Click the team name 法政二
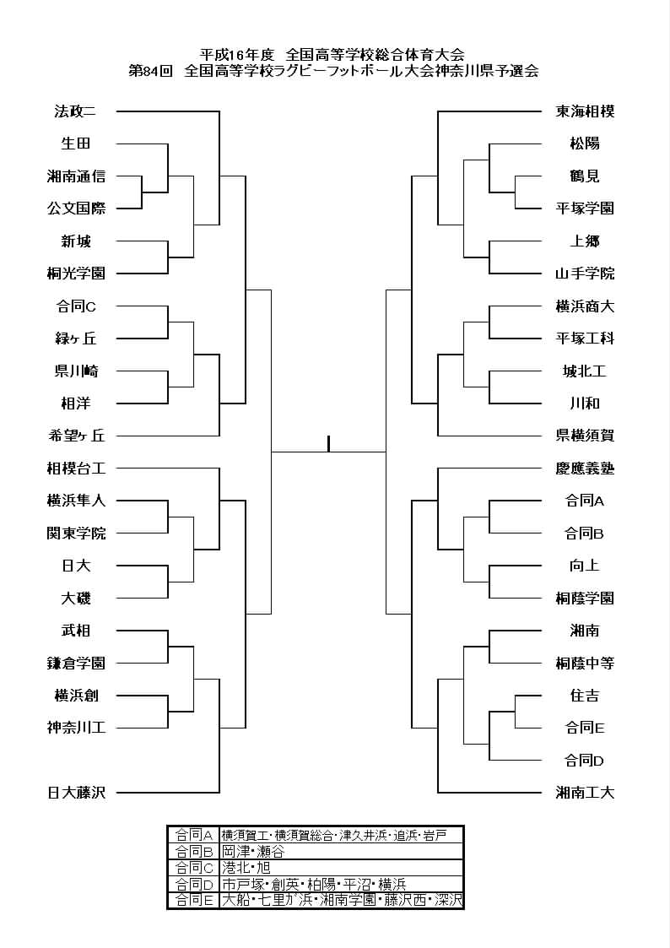click(75, 111)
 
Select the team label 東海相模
click(585, 111)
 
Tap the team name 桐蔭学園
click(585, 598)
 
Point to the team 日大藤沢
click(76, 792)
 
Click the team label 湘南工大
click(585, 792)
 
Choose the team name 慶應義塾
click(585, 468)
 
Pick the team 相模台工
click(76, 468)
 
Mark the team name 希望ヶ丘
click(76, 436)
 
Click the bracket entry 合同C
click(76, 306)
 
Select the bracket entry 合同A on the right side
click(585, 501)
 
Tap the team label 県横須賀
click(585, 436)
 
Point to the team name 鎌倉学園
click(76, 663)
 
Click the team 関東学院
click(76, 533)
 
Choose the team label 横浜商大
click(585, 306)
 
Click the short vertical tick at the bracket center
click(328, 444)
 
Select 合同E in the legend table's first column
click(194, 900)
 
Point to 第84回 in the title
click(151, 71)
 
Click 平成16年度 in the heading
click(237, 55)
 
